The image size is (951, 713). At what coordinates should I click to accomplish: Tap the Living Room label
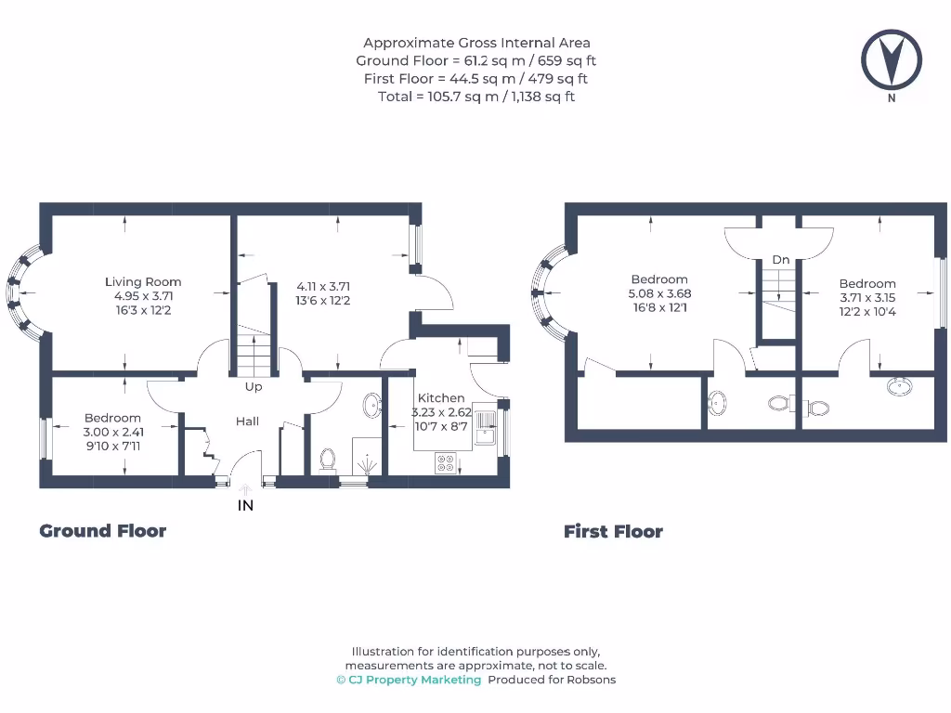click(x=143, y=282)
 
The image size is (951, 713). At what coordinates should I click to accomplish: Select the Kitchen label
click(x=441, y=397)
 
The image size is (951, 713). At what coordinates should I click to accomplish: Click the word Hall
click(x=247, y=421)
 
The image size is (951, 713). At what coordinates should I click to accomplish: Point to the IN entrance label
click(x=245, y=505)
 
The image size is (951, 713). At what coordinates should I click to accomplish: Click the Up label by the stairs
click(x=254, y=387)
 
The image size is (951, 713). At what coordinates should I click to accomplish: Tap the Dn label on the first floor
click(x=780, y=260)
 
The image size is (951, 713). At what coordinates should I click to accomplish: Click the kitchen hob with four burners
click(x=446, y=463)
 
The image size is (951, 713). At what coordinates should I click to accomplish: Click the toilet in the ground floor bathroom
click(x=328, y=460)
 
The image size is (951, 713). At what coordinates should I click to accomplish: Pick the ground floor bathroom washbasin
click(x=371, y=405)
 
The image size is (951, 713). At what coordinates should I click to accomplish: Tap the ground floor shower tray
click(x=367, y=456)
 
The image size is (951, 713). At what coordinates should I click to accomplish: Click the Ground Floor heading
click(x=102, y=531)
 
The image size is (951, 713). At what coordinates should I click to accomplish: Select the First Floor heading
click(x=613, y=532)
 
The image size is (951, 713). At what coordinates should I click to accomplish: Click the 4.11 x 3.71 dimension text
click(x=323, y=286)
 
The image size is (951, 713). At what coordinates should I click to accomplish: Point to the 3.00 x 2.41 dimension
click(x=113, y=432)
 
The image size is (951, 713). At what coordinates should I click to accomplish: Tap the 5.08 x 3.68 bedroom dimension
click(x=660, y=293)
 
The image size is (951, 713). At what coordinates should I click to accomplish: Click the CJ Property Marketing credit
click(x=410, y=680)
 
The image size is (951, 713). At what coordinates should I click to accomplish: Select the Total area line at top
click(x=476, y=97)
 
